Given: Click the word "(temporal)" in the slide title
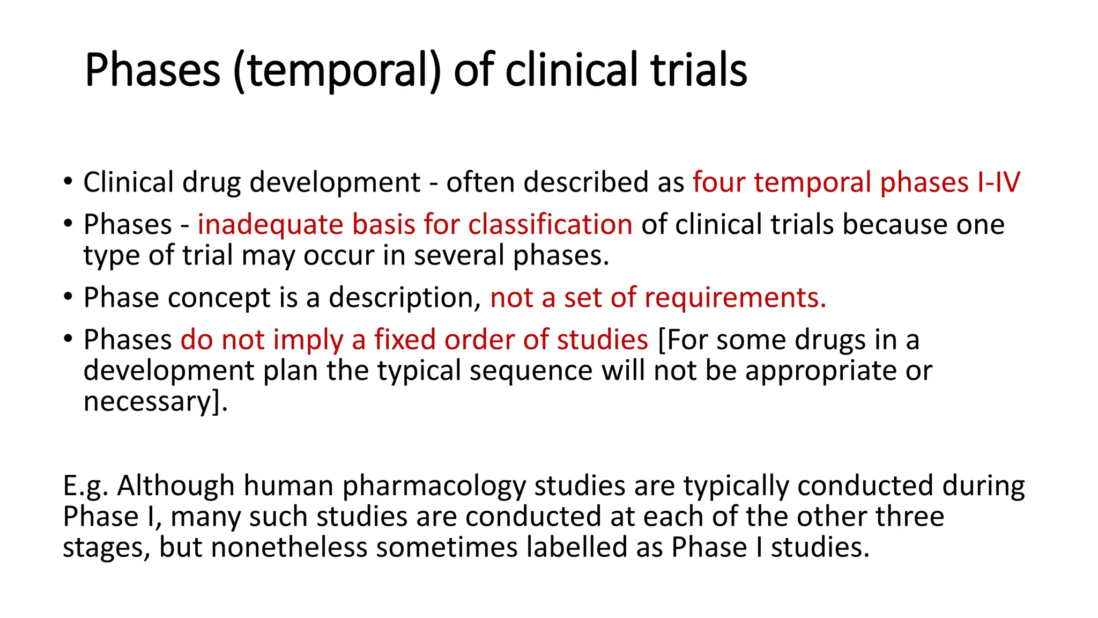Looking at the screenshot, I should [337, 70].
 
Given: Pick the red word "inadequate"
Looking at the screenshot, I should [270, 224].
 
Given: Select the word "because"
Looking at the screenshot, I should [891, 224].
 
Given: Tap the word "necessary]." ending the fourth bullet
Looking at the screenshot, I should [155, 402].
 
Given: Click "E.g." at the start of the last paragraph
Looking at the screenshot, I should [86, 486].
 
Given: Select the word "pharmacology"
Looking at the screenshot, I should [434, 486].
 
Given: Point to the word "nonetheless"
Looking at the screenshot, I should [289, 548].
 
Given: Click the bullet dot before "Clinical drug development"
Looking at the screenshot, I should [67, 181].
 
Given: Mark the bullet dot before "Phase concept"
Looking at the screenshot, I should [67, 297].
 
